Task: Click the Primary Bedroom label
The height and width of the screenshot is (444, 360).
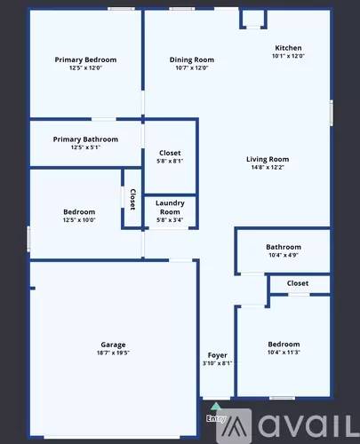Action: point(85,59)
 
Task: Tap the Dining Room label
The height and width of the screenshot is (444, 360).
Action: point(192,59)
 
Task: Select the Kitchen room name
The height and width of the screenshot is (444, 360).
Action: point(288,48)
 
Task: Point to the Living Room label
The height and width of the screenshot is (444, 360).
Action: point(268,160)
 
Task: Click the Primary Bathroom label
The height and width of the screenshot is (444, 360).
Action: point(85,139)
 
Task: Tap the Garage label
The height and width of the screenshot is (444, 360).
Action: point(113,345)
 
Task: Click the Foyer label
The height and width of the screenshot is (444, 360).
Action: point(218,355)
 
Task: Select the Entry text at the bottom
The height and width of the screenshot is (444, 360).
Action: point(216,417)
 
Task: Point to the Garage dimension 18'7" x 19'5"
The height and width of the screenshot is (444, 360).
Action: point(113,353)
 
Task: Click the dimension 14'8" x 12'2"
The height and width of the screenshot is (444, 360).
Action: point(268,168)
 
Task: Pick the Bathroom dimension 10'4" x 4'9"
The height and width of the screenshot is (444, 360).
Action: point(284,255)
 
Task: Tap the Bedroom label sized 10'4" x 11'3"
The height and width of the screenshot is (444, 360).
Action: point(284,344)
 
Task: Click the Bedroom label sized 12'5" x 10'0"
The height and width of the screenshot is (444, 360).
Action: point(79,211)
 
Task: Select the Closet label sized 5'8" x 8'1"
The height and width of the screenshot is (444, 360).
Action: point(170,153)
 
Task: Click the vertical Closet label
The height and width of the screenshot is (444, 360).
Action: point(132,199)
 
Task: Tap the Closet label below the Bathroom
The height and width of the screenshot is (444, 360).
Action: point(298,283)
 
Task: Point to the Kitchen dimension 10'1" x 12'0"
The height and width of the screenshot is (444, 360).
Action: point(288,56)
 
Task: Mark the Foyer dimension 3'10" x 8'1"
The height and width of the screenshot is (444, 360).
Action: point(218,363)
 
